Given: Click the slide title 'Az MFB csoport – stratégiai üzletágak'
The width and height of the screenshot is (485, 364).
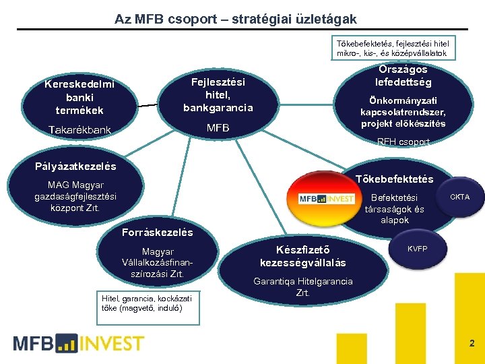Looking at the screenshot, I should pyautogui.click(x=236, y=18).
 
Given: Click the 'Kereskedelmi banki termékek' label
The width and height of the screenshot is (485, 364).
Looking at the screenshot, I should pyautogui.click(x=79, y=97).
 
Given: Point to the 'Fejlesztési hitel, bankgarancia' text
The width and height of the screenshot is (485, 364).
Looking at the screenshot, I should pyautogui.click(x=218, y=94).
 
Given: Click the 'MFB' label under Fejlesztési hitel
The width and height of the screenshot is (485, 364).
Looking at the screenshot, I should pyautogui.click(x=218, y=128).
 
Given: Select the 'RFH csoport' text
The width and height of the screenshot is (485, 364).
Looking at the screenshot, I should pyautogui.click(x=403, y=142).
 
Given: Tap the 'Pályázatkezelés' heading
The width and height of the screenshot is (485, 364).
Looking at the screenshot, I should pyautogui.click(x=75, y=166).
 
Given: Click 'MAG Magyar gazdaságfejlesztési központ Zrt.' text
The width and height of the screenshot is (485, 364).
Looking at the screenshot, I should pyautogui.click(x=76, y=195).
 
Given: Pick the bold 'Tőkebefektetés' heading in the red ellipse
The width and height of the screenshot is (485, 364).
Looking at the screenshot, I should pyautogui.click(x=394, y=179).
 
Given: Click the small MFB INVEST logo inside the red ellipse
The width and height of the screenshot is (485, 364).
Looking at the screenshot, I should pyautogui.click(x=327, y=199).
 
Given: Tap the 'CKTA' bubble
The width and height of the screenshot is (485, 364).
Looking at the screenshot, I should pyautogui.click(x=460, y=197).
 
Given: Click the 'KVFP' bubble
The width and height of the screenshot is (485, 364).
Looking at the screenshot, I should pyautogui.click(x=417, y=249).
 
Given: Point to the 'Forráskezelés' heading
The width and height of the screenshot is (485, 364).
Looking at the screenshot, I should pyautogui.click(x=158, y=233).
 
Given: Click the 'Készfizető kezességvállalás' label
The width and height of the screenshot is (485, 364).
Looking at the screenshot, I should pyautogui.click(x=303, y=256).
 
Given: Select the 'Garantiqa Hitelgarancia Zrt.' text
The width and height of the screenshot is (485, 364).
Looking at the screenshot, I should pyautogui.click(x=302, y=286).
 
